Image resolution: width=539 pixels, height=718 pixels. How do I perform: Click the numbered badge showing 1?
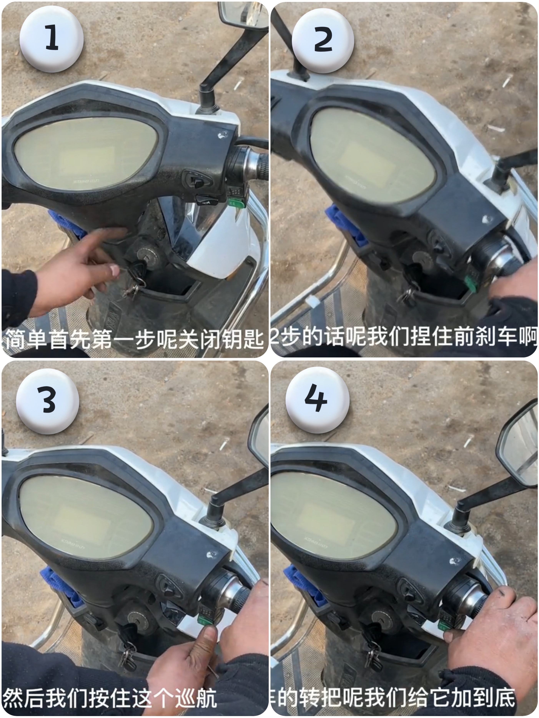51,39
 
